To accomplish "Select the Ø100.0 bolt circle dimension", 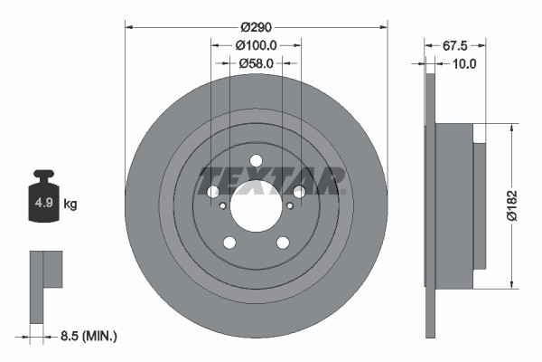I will click(256, 44).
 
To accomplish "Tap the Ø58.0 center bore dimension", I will click(256, 62).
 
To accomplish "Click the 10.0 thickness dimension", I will click(464, 63).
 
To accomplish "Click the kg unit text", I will click(70, 205).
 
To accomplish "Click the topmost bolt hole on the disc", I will click(256, 161).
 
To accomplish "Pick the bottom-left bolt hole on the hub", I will click(229, 242).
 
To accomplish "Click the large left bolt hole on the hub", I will click(213, 192).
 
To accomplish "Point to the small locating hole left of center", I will click(223, 205).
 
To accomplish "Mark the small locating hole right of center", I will click(289, 205).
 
